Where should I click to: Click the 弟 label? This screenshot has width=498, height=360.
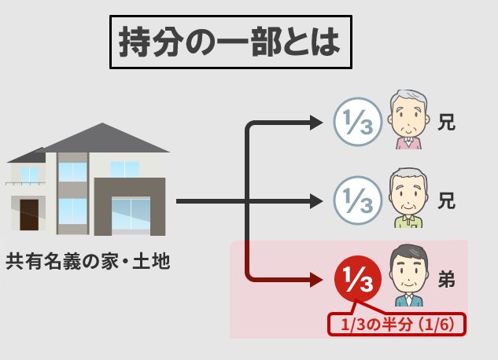tap(447, 279)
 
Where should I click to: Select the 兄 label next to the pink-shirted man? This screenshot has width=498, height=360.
tap(447, 123)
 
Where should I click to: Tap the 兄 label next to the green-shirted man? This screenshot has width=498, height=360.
tap(447, 201)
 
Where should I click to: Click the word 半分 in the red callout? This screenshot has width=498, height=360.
tap(390, 324)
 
